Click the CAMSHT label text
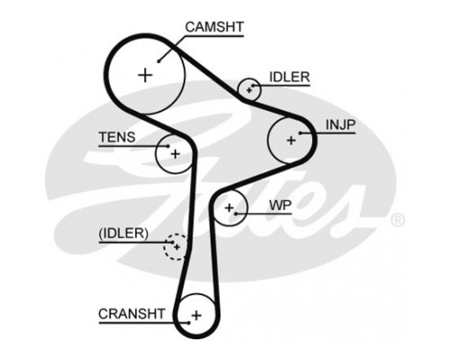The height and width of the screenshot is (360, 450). (x=214, y=27)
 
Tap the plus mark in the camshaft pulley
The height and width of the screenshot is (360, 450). (x=146, y=75)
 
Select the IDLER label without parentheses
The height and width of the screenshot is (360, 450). (x=289, y=77)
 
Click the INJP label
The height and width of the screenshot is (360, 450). (x=340, y=125)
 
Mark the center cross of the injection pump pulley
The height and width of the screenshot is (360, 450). (x=291, y=140)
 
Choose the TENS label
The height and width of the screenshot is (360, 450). (x=117, y=138)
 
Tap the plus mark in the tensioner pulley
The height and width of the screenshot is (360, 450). (x=175, y=154)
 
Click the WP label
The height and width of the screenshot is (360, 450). (x=280, y=205)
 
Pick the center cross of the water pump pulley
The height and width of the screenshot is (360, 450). (x=229, y=207)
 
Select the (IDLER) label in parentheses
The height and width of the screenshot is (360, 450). (x=123, y=233)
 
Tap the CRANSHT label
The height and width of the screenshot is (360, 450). (x=131, y=314)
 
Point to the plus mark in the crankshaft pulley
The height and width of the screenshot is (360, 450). (x=196, y=315)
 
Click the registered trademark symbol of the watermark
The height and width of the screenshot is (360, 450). (x=398, y=220)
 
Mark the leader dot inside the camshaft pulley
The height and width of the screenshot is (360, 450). (x=159, y=61)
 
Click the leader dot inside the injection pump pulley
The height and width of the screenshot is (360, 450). (x=301, y=133)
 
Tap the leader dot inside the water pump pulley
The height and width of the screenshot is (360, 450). (x=236, y=214)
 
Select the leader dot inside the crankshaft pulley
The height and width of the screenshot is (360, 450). (x=189, y=323)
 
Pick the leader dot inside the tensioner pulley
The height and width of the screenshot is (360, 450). (x=168, y=147)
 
